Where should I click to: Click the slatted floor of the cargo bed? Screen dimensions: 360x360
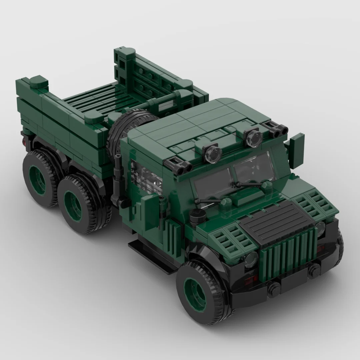point(97,100)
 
